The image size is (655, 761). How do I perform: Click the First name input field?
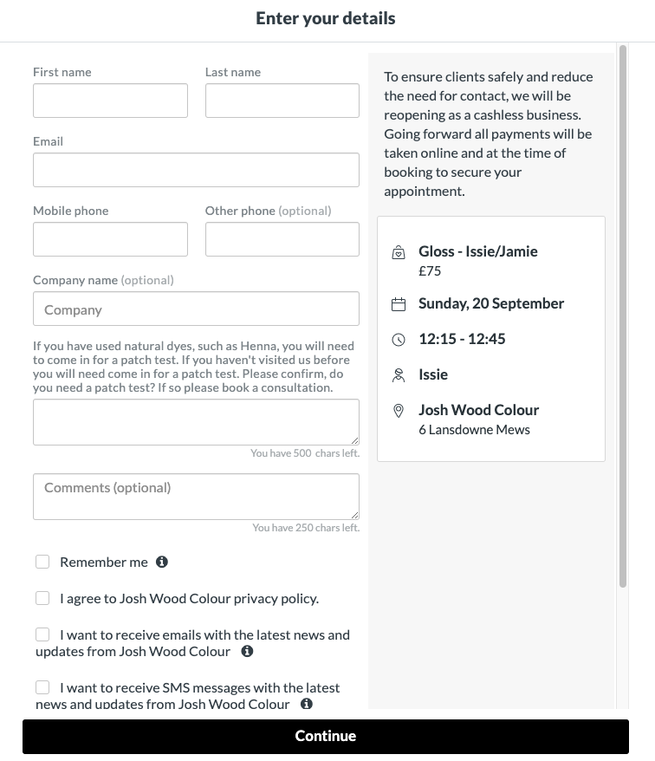[110, 101]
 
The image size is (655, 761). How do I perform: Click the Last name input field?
[282, 101]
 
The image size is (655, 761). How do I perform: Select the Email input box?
[196, 170]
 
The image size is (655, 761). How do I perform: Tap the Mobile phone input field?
[110, 239]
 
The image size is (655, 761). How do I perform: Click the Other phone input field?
[282, 239]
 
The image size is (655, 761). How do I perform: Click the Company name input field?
[196, 309]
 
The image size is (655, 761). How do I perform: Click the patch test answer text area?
[196, 422]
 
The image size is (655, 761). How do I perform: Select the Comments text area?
[196, 496]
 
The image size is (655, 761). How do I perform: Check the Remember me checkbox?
[42, 562]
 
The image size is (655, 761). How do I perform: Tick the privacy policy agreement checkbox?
[42, 598]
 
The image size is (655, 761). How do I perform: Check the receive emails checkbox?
[42, 634]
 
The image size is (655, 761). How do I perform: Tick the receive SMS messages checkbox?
[42, 687]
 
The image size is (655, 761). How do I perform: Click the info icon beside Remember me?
[162, 562]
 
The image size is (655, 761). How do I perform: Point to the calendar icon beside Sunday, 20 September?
[399, 304]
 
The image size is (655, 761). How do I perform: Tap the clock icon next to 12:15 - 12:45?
[399, 340]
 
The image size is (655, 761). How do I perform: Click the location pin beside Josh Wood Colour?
[399, 411]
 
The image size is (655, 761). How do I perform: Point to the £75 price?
[430, 270]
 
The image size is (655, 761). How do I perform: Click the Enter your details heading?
[326, 18]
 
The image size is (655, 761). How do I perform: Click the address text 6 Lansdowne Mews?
[474, 429]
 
